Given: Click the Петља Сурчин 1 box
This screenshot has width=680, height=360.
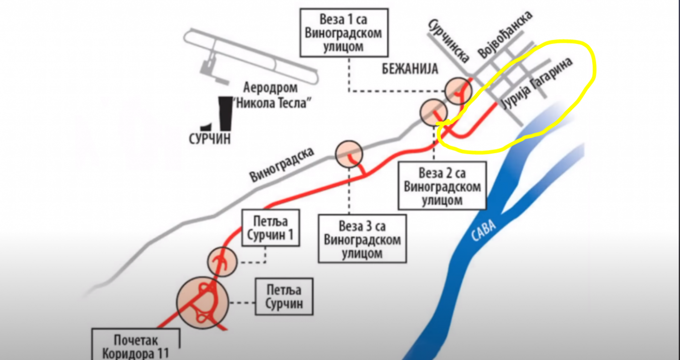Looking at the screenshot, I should point(270,228).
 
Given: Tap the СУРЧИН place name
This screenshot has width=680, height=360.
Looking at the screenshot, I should point(210,138).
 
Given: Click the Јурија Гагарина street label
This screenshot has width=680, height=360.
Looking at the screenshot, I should point(537,83).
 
